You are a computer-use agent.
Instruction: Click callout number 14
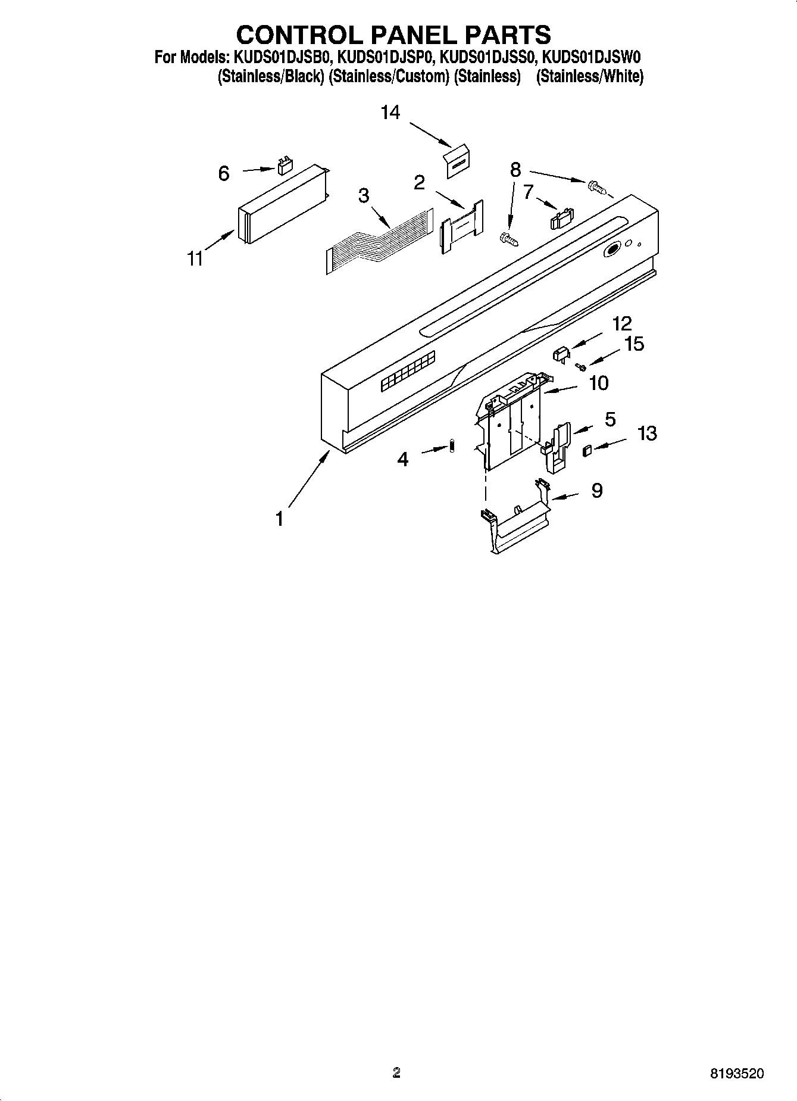(x=390, y=112)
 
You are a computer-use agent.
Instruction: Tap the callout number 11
(x=195, y=259)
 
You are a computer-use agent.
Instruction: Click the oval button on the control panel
(x=611, y=250)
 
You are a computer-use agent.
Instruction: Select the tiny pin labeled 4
(x=452, y=445)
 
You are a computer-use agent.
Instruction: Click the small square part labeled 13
(x=587, y=450)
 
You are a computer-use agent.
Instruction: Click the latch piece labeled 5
(x=556, y=447)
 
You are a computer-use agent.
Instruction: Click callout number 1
(x=279, y=519)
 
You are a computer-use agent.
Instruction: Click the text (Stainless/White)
(x=590, y=77)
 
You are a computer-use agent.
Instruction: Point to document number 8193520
(x=736, y=1074)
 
